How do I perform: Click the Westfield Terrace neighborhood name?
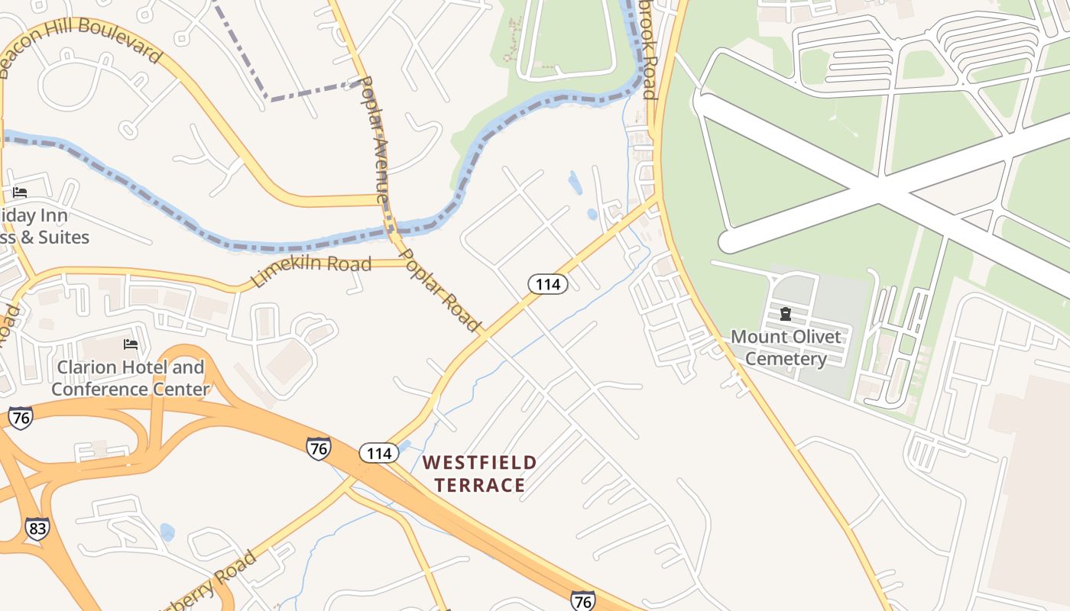point(480,474)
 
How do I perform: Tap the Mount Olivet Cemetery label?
point(786,348)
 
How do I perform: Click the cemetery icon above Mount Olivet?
point(785,314)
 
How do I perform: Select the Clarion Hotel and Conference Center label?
point(130,378)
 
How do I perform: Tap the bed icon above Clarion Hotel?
point(131,344)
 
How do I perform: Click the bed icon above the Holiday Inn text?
point(20,192)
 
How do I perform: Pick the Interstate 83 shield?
point(37,529)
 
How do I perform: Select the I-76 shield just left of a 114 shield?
point(319,448)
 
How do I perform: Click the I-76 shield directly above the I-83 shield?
point(21,418)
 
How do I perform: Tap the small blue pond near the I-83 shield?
point(167,532)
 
